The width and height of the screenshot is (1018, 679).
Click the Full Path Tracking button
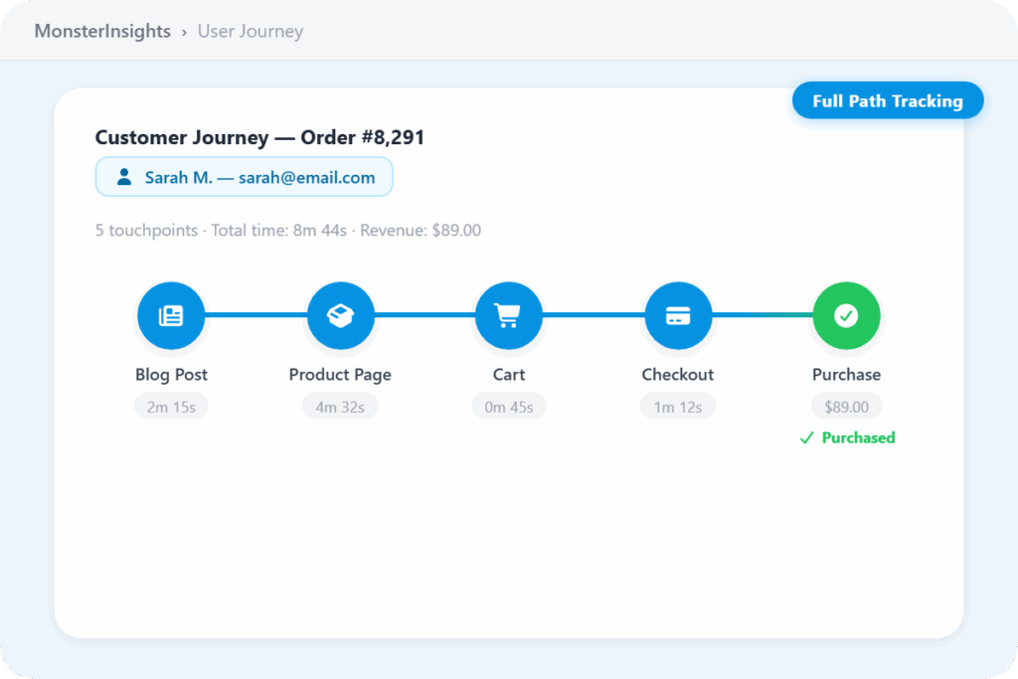coord(888,100)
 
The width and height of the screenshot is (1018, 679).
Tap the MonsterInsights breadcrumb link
coord(102,31)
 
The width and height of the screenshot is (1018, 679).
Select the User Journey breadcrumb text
coord(250,31)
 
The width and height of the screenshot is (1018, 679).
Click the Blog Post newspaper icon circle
coord(171,315)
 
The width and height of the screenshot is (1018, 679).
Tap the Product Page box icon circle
coord(340,315)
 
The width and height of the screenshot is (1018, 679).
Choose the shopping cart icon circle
coord(509,315)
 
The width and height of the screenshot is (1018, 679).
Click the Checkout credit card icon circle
coord(678,315)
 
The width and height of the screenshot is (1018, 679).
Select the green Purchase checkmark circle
coord(847,315)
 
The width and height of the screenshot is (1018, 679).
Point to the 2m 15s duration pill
coord(171,407)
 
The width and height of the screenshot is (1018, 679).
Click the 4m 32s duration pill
coord(340,407)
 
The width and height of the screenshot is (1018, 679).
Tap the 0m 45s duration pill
coord(509,407)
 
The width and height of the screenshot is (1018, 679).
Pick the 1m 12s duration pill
coord(678,407)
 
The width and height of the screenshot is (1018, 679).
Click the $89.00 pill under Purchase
coord(847,407)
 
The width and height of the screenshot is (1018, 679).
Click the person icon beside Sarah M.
coord(124,177)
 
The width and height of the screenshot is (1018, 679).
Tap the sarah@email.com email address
coord(306,177)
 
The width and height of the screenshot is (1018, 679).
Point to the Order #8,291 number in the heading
coord(362,137)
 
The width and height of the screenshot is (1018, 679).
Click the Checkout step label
coord(678,375)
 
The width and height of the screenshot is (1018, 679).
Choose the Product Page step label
coord(340,375)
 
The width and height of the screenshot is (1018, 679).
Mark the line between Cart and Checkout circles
coord(594,315)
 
